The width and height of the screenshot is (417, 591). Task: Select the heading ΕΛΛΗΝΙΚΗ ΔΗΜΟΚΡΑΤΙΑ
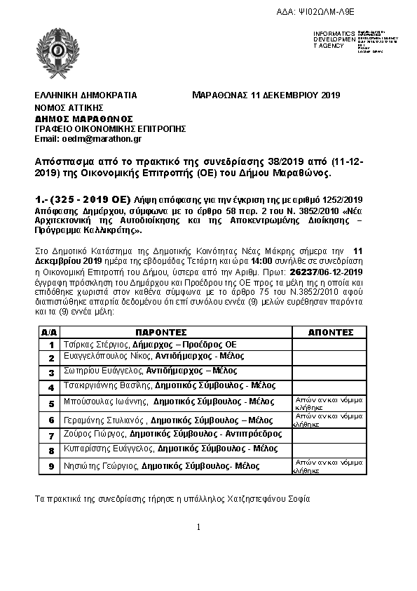click(86, 95)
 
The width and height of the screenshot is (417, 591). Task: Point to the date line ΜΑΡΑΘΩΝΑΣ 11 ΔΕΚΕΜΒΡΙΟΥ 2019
click(266, 95)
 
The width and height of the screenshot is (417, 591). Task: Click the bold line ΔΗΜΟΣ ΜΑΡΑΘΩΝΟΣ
click(83, 118)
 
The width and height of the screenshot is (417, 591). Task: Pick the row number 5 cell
click(50, 404)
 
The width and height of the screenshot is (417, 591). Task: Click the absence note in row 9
click(324, 466)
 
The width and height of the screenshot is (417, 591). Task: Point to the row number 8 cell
click(50, 449)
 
